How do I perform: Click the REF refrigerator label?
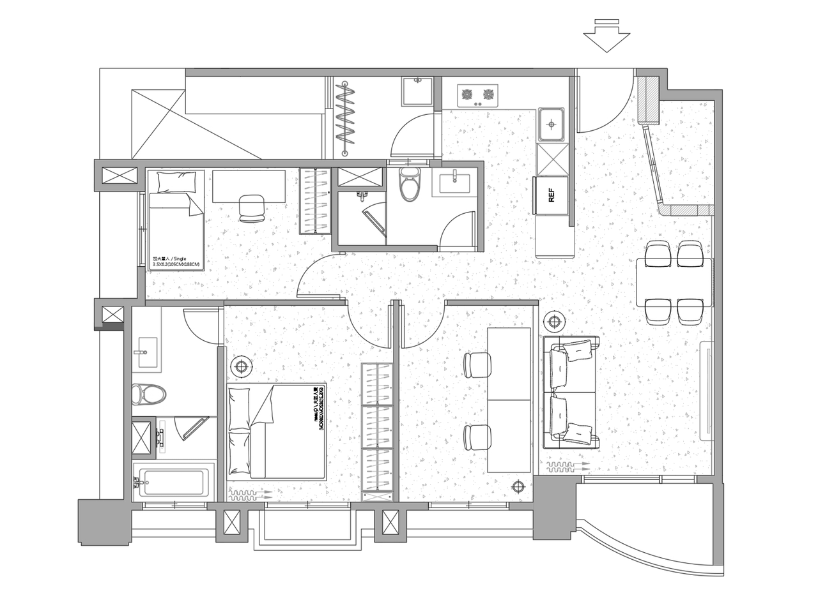552,195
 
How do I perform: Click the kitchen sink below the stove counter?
551,124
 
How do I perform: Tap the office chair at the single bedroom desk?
251,208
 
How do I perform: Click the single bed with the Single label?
176,220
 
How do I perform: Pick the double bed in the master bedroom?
276,432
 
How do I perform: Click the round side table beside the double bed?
241,367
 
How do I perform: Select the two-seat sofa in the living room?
571,392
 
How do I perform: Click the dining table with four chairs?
674,282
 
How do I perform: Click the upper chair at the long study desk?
477,365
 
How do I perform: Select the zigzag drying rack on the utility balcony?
346,117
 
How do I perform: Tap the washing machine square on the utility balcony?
417,92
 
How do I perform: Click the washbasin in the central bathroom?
454,183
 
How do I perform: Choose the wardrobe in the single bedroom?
315,200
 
